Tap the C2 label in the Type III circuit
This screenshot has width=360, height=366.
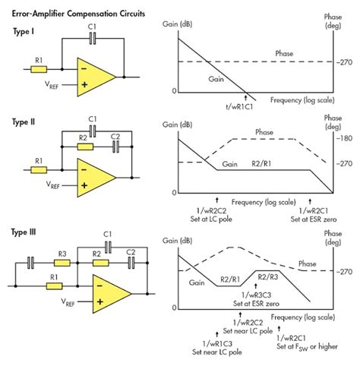131,252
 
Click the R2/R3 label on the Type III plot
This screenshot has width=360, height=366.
271,277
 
